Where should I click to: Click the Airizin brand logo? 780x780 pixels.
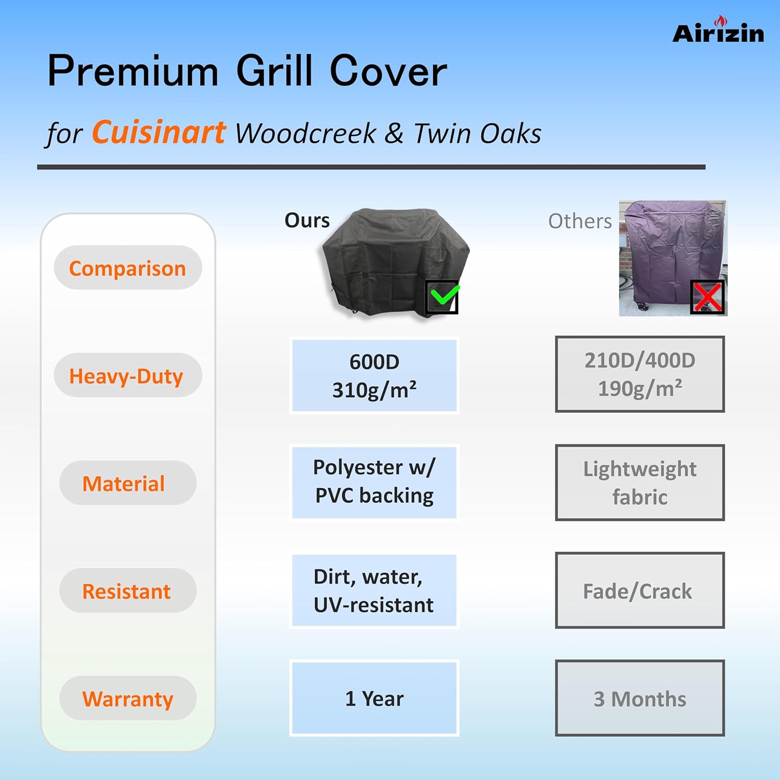[x=718, y=30]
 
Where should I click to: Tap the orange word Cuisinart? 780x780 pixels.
[x=159, y=132]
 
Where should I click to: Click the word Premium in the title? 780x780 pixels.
[x=133, y=71]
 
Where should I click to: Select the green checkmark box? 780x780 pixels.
[x=442, y=297]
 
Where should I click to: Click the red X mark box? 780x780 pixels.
[x=707, y=297]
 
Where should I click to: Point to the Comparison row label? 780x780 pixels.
[x=128, y=268]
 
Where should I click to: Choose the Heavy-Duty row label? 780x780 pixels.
[x=128, y=375]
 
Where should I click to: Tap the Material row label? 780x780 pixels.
[x=128, y=483]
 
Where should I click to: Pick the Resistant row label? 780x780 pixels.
[x=128, y=591]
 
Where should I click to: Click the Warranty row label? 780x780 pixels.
[x=128, y=698]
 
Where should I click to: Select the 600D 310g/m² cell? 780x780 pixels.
[x=374, y=375]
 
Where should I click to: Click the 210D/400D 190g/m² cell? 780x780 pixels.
[x=640, y=374]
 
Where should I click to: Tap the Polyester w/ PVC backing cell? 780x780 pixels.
[x=374, y=482]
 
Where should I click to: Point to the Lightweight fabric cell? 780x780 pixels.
[x=640, y=483]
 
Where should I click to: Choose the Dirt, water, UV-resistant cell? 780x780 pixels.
[x=374, y=591]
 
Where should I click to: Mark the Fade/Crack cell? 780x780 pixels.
[x=640, y=591]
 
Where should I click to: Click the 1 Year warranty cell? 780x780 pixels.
[x=374, y=698]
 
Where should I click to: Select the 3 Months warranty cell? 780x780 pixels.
[x=640, y=698]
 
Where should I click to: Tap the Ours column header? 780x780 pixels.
[x=307, y=220]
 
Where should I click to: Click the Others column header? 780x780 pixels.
[x=580, y=222]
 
